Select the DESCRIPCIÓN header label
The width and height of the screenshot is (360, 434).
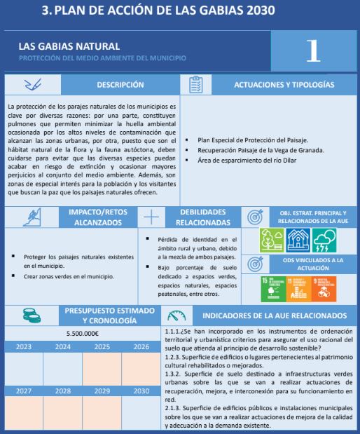(x=121, y=85)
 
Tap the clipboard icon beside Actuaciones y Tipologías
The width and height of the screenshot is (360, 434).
(x=196, y=85)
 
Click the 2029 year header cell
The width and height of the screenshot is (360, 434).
(x=102, y=390)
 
